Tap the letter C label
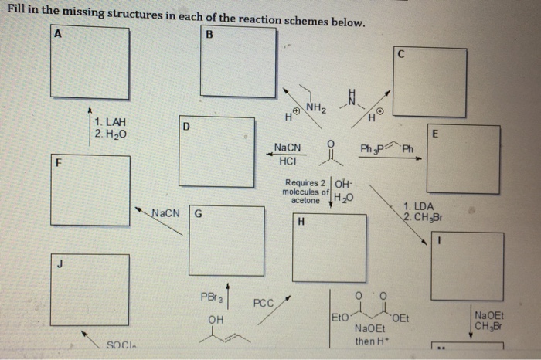point(400,54)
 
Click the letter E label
point(436,133)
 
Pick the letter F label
point(58,165)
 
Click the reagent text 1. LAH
point(111,123)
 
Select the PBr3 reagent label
point(210,296)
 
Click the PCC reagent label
point(263,304)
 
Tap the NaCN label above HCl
point(288,148)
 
